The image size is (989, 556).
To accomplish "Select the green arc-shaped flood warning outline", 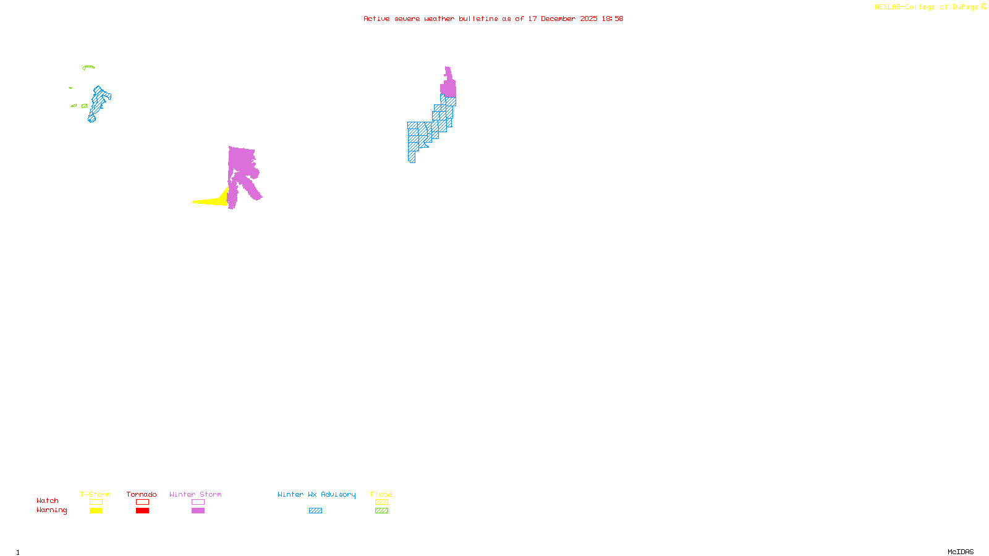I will [88, 67].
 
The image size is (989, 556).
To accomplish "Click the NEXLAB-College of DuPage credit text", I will [926, 7].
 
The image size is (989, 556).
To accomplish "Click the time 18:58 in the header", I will [613, 19].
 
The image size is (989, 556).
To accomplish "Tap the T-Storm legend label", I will [95, 494].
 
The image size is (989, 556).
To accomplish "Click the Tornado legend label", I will [142, 494].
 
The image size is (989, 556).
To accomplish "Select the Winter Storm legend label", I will [195, 494].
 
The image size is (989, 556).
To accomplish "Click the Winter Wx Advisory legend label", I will [316, 494].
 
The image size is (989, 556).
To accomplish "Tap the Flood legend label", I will [381, 494].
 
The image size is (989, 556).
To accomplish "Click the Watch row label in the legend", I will [48, 500].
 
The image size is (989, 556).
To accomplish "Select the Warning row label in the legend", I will [52, 510].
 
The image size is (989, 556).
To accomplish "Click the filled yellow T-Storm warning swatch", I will [96, 511].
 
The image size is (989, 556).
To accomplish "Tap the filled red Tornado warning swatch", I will [142, 511].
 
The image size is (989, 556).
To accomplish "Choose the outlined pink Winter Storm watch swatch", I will [198, 502].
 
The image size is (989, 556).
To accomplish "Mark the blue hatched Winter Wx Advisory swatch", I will [315, 511].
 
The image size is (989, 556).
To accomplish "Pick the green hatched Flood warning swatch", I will [381, 511].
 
